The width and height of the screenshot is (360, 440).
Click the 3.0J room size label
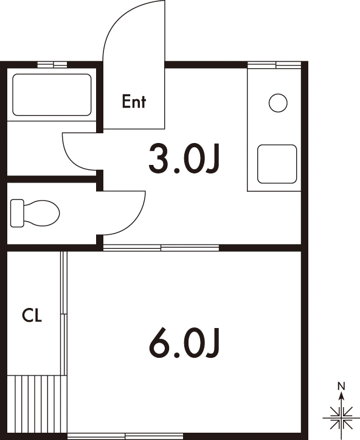point(184,158)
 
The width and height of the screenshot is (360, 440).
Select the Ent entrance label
point(134,102)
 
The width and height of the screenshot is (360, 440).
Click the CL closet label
point(32,315)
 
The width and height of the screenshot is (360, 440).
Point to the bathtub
point(52,95)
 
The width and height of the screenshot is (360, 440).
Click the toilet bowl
point(41,213)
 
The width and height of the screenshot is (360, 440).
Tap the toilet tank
point(17,213)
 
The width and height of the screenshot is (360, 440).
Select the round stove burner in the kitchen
point(278,103)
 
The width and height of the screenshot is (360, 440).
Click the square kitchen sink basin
point(277,164)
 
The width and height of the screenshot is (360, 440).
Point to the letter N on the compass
point(341,386)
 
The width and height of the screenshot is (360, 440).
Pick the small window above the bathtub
point(52,65)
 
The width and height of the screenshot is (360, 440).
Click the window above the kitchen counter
point(274,65)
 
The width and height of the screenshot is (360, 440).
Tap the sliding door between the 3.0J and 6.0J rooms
point(161,248)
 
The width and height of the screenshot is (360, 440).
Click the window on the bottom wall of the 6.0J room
point(125,436)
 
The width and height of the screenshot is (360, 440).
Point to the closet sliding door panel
point(64,313)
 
